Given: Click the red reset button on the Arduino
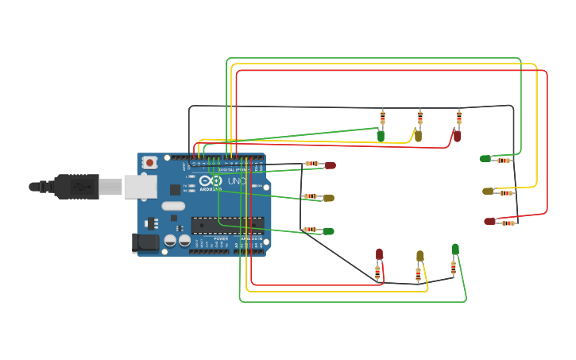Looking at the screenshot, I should [x=149, y=162].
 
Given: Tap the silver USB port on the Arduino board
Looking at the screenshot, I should [x=140, y=187].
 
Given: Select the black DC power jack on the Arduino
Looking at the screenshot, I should [x=145, y=242].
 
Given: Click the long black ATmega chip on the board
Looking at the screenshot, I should [x=227, y=226].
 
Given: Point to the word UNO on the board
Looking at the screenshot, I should [x=237, y=182].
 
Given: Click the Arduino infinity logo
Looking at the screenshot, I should [x=211, y=180].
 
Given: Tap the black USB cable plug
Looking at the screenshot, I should [x=75, y=187].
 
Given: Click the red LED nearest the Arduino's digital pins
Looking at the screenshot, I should [x=330, y=165].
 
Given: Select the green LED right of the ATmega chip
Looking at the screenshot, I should [x=328, y=231].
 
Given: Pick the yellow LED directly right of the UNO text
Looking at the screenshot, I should [x=328, y=198].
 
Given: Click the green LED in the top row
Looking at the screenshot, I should [x=381, y=136].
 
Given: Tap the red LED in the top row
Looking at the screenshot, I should [x=457, y=136].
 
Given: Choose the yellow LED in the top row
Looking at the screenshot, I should [x=418, y=136].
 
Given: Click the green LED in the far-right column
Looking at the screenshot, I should [x=485, y=159].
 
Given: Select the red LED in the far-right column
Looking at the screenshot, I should [x=489, y=221].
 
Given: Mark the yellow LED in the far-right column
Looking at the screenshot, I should [x=488, y=192].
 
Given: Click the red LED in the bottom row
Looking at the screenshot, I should [x=379, y=254].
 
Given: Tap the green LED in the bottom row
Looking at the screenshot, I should [x=455, y=250].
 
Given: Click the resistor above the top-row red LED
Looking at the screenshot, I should [x=458, y=118].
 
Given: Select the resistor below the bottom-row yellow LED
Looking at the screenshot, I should [x=418, y=274].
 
